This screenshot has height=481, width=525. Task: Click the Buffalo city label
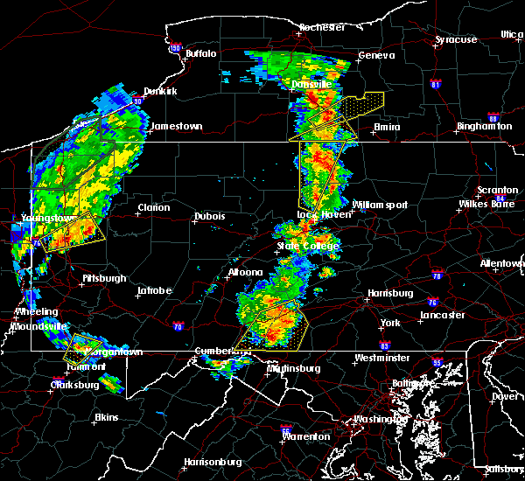tap(200, 54)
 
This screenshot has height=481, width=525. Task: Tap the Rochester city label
tap(321, 27)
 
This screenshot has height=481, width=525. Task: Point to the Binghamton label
tap(484, 127)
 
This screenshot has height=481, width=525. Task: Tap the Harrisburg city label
tap(389, 293)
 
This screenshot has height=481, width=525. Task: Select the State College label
tap(300, 247)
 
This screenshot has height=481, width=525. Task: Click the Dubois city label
tap(209, 216)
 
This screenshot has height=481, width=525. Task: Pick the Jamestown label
tap(176, 126)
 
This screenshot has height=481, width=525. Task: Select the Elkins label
tap(106, 417)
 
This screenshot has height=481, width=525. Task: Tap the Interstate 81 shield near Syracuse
tap(436, 84)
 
